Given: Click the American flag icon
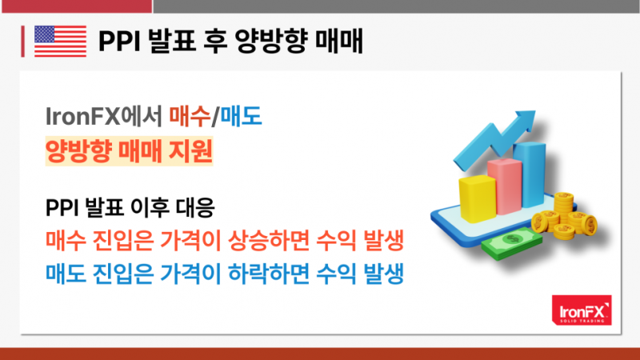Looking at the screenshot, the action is point(61,41).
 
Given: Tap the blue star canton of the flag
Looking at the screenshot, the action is point(45,34).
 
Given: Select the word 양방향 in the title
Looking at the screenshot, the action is point(270,41).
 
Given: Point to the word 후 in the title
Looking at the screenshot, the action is point(214,41).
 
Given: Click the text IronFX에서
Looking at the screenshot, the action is point(104,116).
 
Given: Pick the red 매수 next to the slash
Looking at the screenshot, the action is point(190,116).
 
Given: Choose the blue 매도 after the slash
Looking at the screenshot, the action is point(241,116).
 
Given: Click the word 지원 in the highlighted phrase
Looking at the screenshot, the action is point(192,150).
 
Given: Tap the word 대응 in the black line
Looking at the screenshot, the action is point(195,207).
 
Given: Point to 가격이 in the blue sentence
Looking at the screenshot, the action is point(190,274).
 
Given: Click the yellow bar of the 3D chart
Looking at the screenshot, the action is point(477,198).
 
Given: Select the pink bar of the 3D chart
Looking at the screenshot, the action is point(505,186).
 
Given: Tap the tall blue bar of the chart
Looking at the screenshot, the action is point(530,174).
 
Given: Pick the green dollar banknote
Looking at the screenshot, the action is point(512,244).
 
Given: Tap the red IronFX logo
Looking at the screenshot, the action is point(582,310).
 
